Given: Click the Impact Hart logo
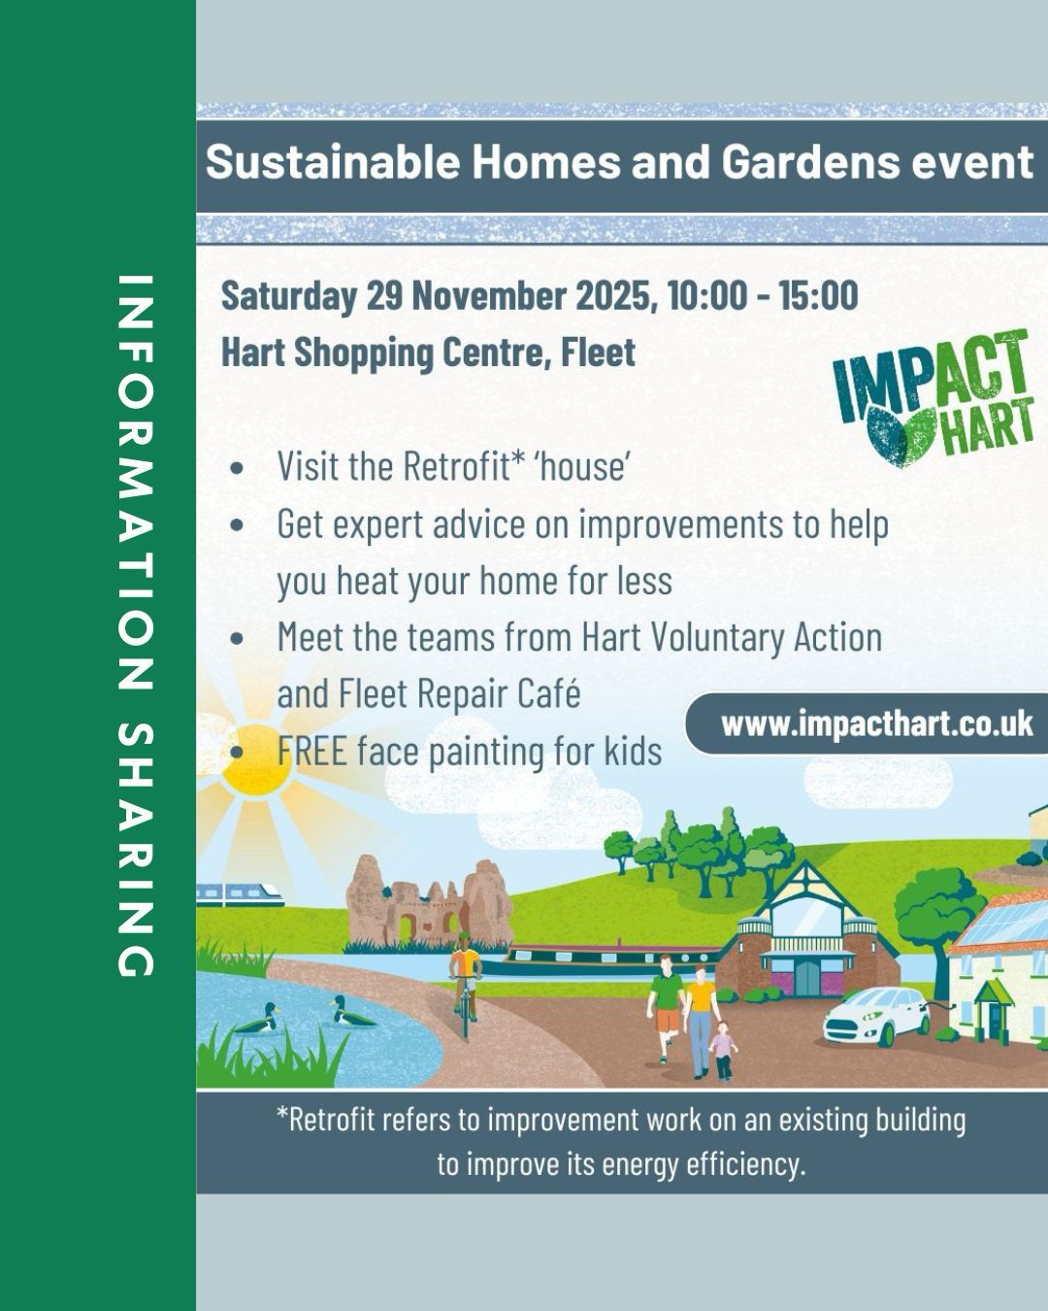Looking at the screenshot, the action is [933, 398].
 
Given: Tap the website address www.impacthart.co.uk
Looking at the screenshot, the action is [877, 723].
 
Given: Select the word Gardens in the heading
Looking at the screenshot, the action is [810, 161].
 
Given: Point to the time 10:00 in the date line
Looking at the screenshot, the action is [706, 295].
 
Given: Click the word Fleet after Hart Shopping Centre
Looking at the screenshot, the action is [598, 353].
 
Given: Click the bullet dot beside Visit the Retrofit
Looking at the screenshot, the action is [237, 468].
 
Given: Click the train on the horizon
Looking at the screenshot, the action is [240, 894].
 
